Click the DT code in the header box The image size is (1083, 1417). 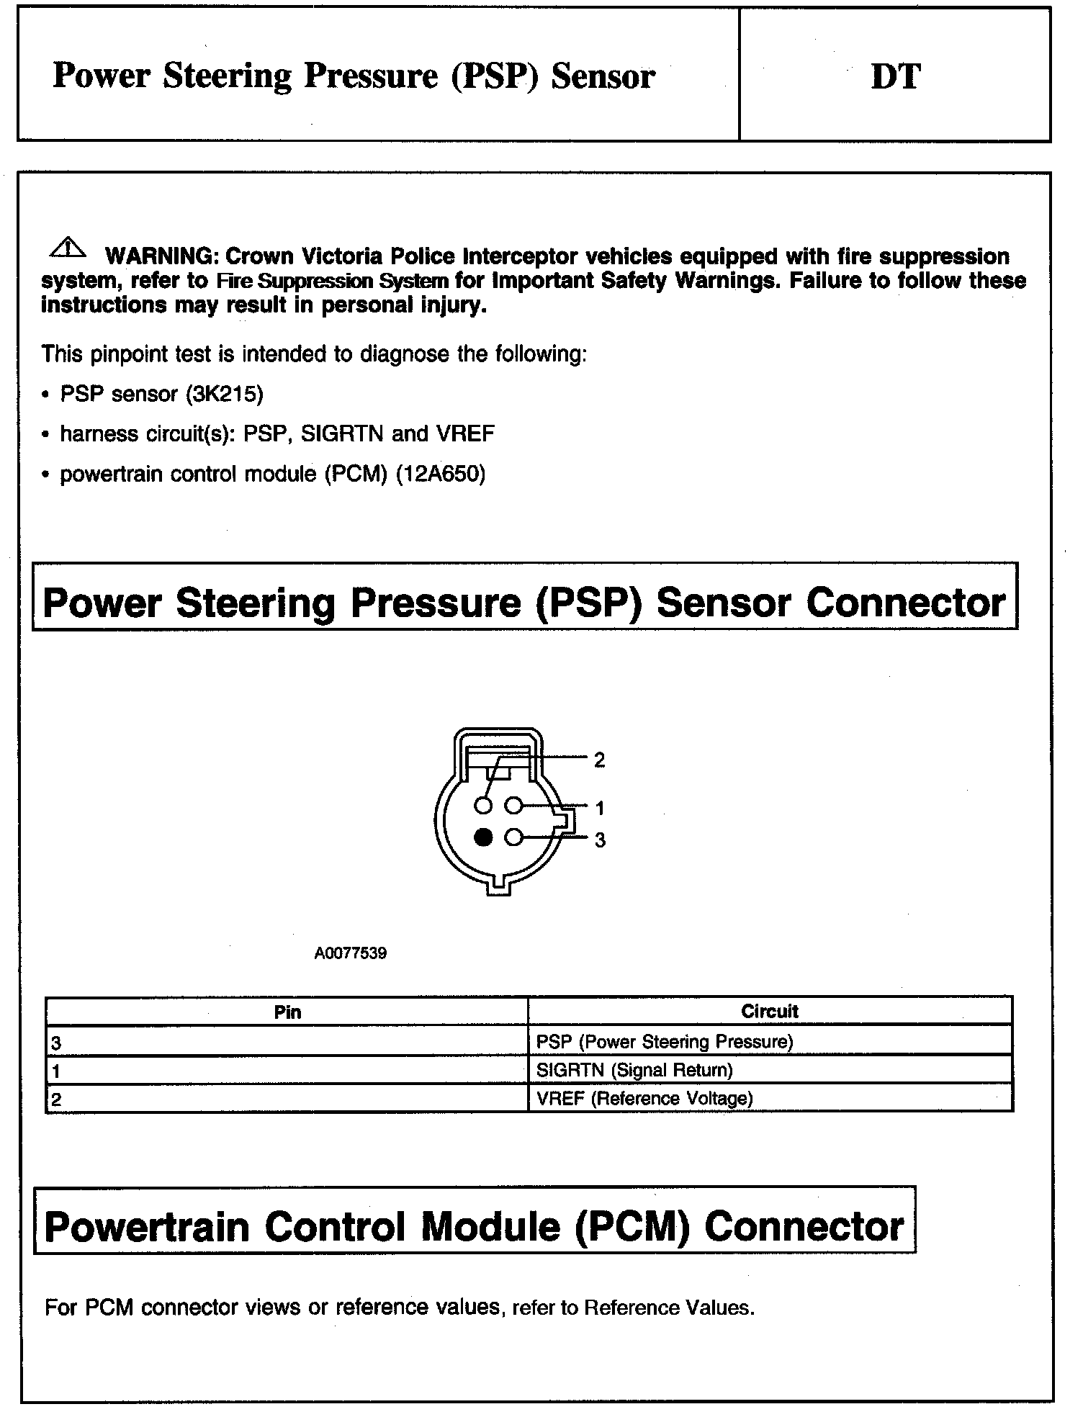pyautogui.click(x=895, y=76)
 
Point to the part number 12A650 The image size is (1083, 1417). pyautogui.click(x=441, y=474)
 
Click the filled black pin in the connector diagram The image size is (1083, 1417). pyautogui.click(x=484, y=837)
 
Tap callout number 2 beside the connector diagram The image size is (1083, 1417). pyautogui.click(x=599, y=760)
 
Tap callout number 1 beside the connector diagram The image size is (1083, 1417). pyautogui.click(x=599, y=809)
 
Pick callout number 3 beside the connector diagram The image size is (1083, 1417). pyautogui.click(x=600, y=840)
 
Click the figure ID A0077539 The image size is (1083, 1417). pyautogui.click(x=351, y=953)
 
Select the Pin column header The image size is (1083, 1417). pyautogui.click(x=287, y=1012)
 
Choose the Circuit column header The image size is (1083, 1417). pyautogui.click(x=769, y=1011)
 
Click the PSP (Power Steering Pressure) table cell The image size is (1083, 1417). pyautogui.click(x=664, y=1042)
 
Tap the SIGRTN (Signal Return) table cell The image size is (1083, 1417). pyautogui.click(x=634, y=1070)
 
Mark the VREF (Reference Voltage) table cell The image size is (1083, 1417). pyautogui.click(x=644, y=1099)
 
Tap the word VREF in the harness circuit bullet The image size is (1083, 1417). pyautogui.click(x=465, y=434)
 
